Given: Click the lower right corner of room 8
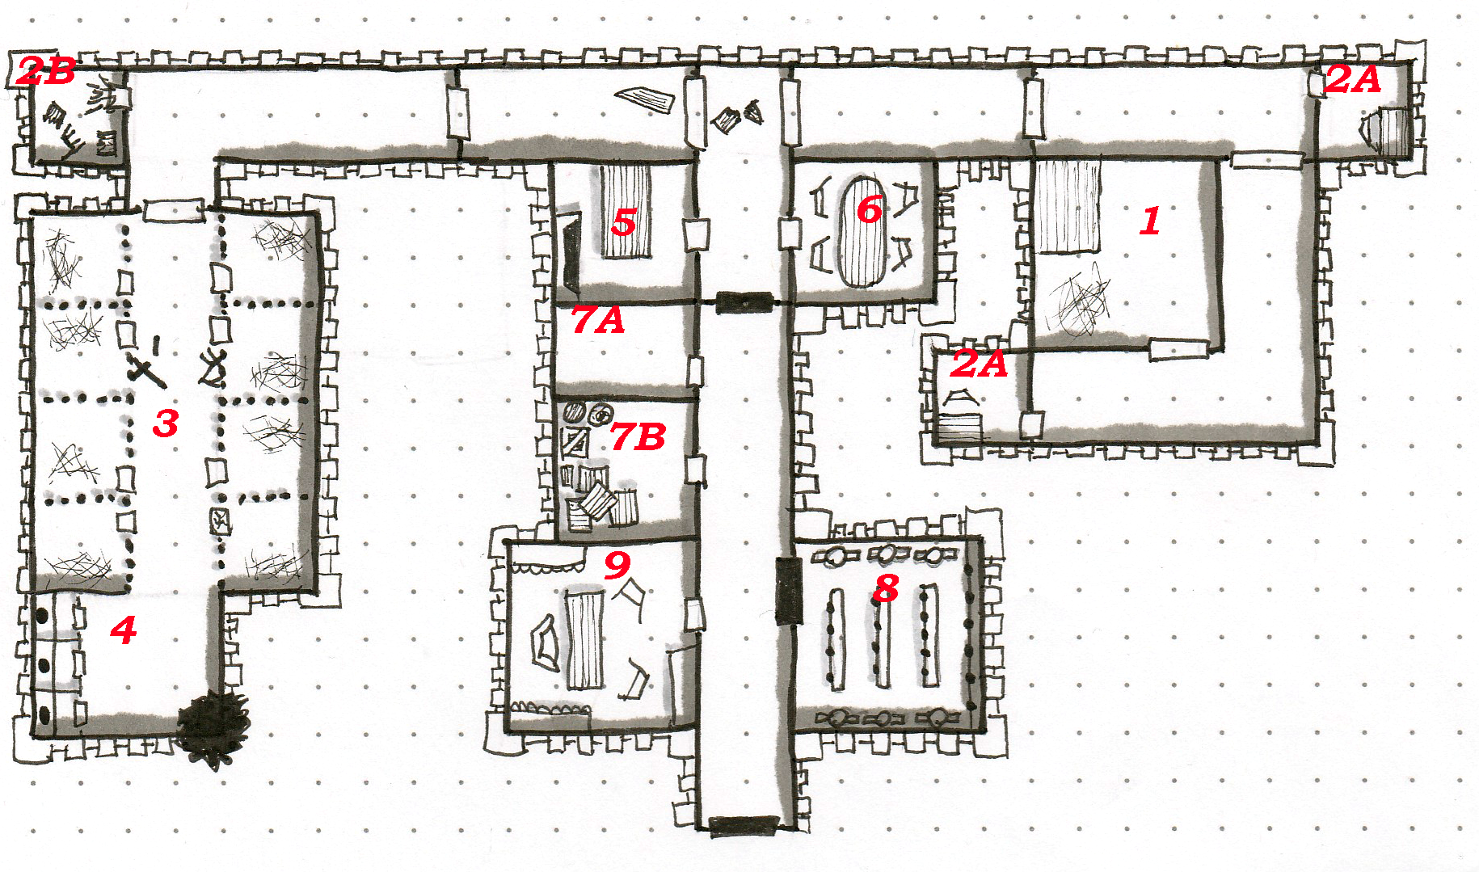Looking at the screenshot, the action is coord(981,730).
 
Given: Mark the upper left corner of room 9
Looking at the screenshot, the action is coord(508,543).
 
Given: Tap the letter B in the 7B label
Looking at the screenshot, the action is coord(649,437).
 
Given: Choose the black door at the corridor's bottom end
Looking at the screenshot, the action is coord(744,825).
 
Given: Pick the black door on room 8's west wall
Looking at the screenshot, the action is coord(788,590).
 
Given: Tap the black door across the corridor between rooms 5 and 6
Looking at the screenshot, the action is coord(744,302).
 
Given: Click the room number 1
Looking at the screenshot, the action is coord(1151,221).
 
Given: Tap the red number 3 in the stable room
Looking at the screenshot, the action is coord(166,423).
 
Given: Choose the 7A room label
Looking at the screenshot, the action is coord(598,320).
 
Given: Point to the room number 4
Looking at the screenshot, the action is coord(123,630).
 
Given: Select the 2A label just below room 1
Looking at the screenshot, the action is coord(979,364).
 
